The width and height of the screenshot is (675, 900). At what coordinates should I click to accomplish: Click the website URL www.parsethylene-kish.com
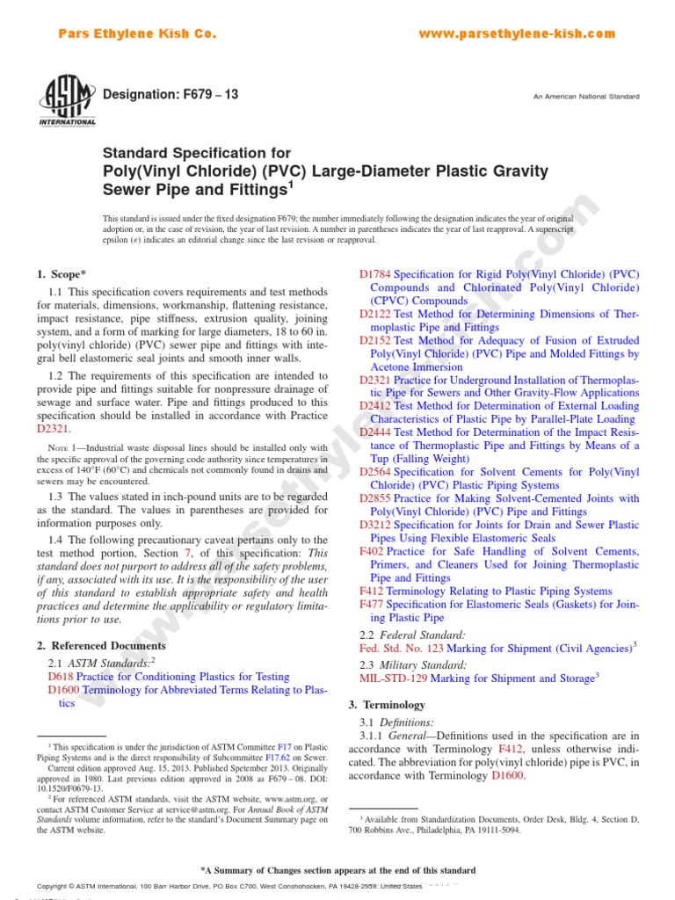tap(517, 34)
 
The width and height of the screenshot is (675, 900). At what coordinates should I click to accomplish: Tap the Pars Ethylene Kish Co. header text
tap(136, 34)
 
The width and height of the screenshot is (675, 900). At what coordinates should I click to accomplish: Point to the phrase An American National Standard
tap(586, 96)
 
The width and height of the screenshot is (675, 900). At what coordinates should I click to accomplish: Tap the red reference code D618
tap(61, 677)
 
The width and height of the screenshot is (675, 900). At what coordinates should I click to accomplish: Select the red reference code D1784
tap(375, 274)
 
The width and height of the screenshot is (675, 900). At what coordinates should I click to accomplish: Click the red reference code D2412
tap(375, 406)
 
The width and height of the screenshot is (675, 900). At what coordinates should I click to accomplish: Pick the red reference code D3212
tap(375, 525)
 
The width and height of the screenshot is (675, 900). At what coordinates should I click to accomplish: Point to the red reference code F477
tap(372, 605)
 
